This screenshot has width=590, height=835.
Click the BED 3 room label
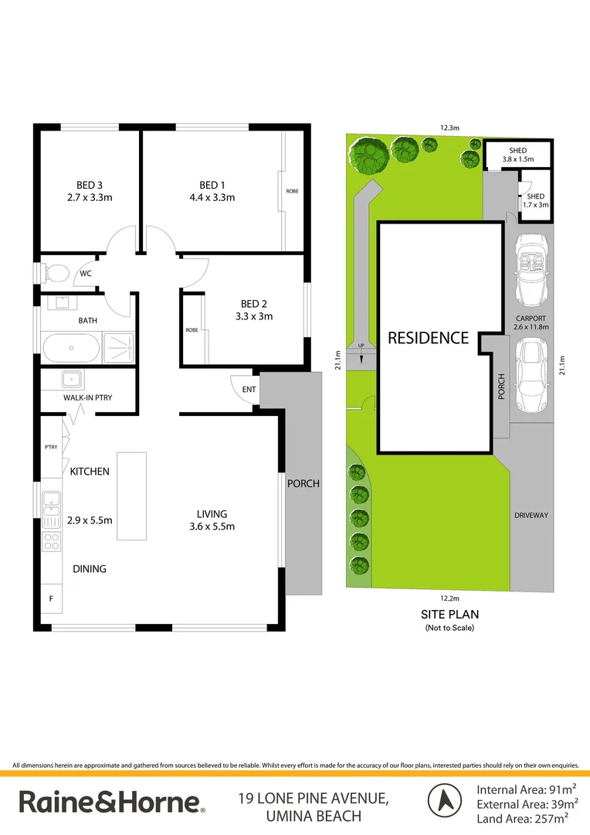[90, 185]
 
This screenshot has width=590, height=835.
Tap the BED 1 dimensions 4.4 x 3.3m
[212, 197]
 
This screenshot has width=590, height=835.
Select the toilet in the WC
[56, 273]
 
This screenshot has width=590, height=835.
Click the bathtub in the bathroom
[72, 348]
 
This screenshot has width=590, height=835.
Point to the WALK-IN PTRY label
[88, 397]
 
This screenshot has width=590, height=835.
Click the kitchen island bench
[131, 496]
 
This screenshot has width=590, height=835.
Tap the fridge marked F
[52, 598]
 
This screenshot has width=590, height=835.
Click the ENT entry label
[249, 390]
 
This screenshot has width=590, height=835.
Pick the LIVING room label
[212, 513]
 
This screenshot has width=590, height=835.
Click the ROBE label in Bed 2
[192, 330]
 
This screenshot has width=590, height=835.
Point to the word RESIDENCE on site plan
[428, 338]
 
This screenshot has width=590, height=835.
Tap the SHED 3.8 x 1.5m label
[517, 155]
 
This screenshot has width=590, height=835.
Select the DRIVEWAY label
[531, 515]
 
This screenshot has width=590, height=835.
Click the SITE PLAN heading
[449, 615]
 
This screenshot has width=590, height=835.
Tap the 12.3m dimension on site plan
[449, 128]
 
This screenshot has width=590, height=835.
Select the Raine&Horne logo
[112, 803]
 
